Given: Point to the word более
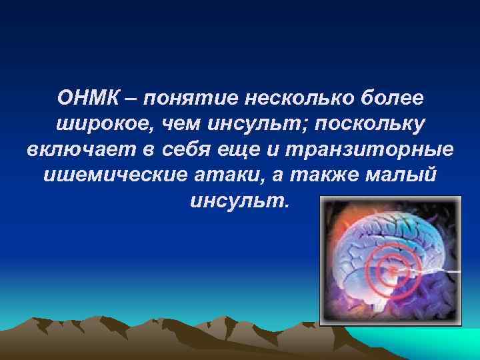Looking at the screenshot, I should click(390, 99).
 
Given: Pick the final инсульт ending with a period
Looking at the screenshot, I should click(239, 201).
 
